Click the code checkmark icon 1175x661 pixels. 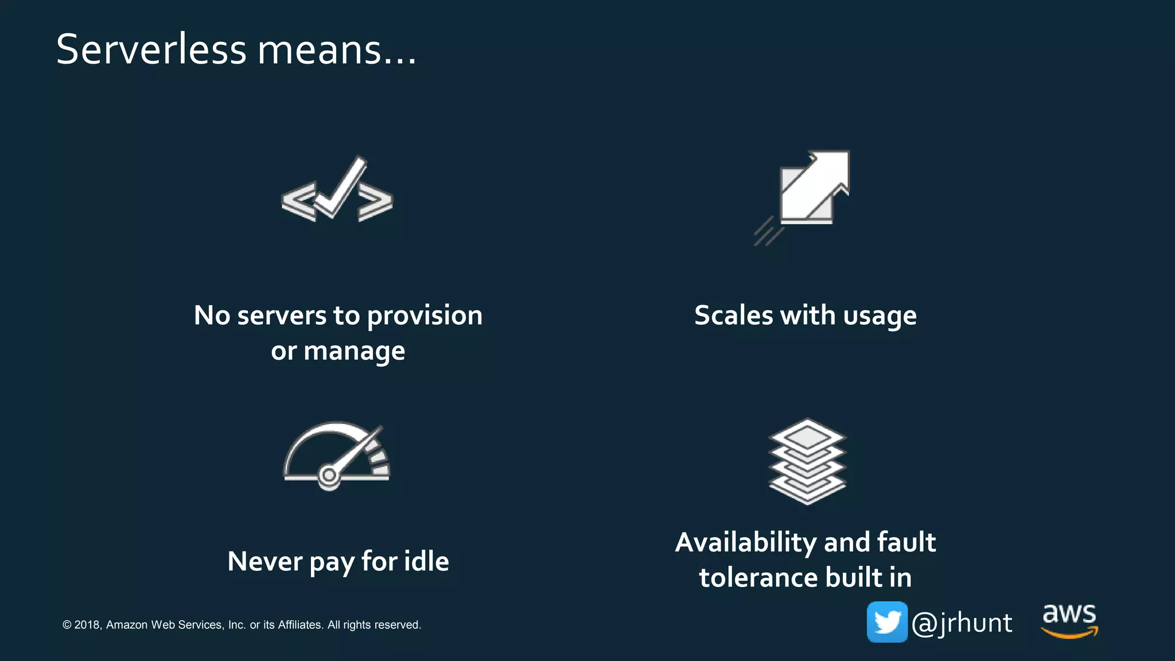coord(337,189)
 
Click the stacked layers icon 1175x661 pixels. coord(807,461)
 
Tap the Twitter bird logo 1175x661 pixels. coord(887,622)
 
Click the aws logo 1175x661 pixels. coord(1069,620)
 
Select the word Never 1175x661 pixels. coord(264,561)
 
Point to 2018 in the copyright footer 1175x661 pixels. coord(87,625)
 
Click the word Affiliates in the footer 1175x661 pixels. coord(300,625)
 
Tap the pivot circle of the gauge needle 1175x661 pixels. coord(329,475)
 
